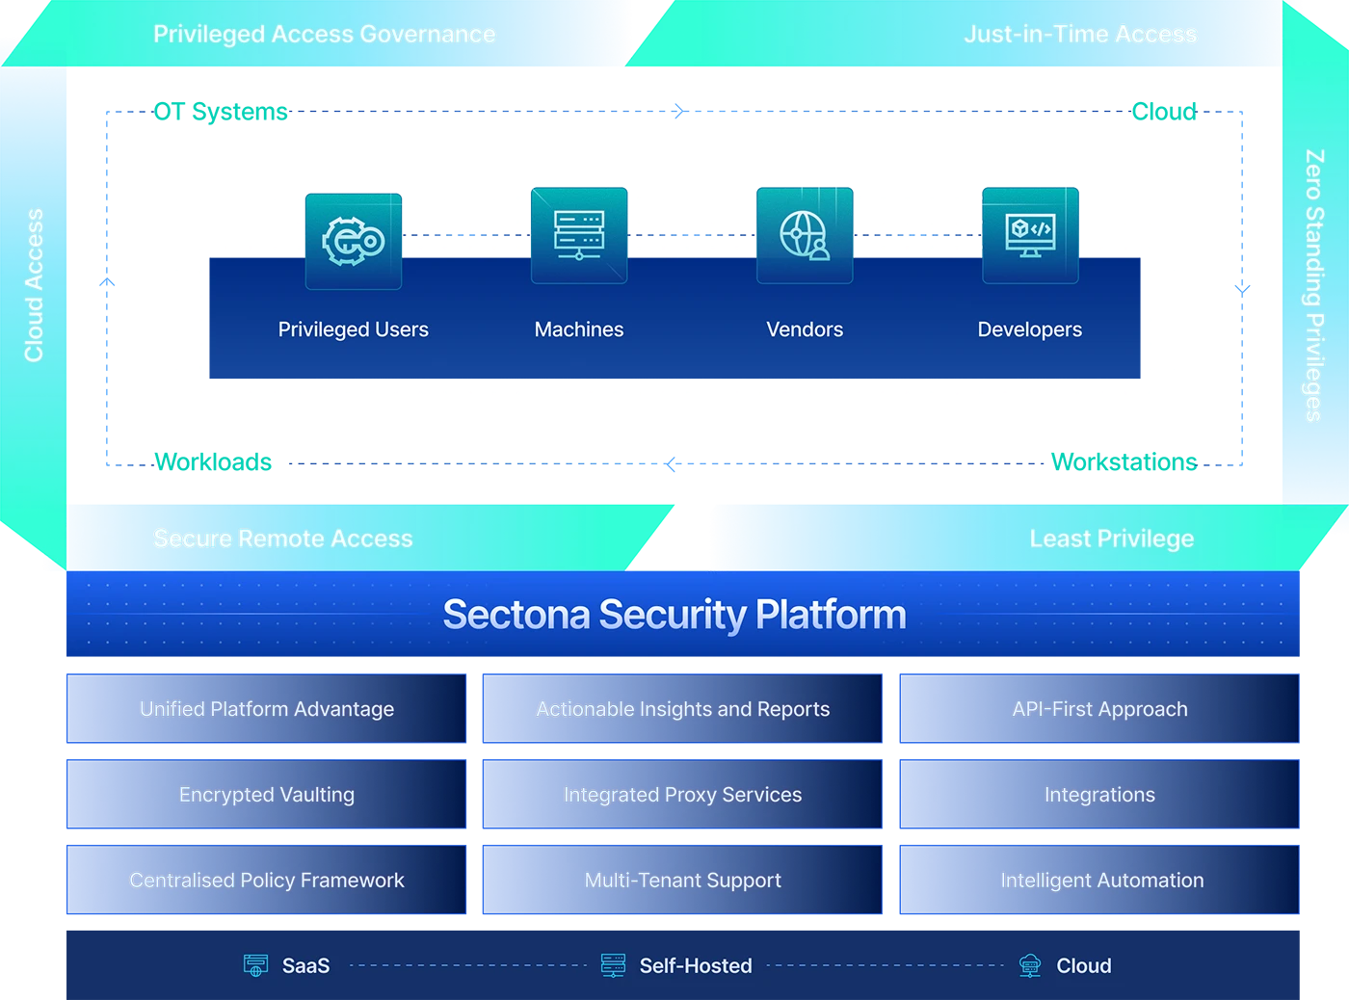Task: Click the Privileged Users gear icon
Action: tap(354, 241)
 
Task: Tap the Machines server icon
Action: tap(579, 235)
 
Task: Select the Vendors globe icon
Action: tap(805, 235)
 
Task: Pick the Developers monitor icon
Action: tap(1030, 235)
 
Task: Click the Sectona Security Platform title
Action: tap(674, 615)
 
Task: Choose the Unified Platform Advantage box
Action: tap(267, 709)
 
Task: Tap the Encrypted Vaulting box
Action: tap(267, 795)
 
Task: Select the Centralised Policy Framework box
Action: tap(267, 880)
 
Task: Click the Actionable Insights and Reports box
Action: tap(682, 709)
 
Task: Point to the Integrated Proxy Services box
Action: tap(682, 795)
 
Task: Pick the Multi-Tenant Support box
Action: tap(682, 880)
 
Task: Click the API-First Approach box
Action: tap(1099, 709)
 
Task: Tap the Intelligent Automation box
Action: tap(1099, 880)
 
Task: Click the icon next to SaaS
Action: tap(255, 965)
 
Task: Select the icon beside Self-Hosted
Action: tap(613, 965)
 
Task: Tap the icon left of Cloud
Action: tap(1030, 965)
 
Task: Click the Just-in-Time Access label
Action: tap(1080, 35)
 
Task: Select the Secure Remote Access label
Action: tap(283, 539)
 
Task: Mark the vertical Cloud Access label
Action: tap(35, 285)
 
